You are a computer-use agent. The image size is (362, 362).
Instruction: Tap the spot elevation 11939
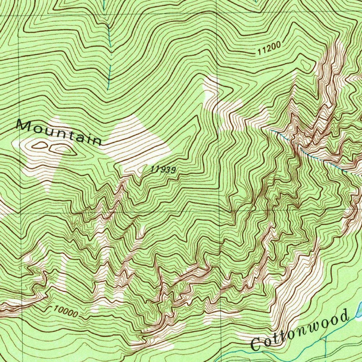(163, 170)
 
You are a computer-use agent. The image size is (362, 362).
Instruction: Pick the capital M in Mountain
(24, 125)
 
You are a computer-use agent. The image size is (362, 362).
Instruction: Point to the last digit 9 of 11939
(173, 170)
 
